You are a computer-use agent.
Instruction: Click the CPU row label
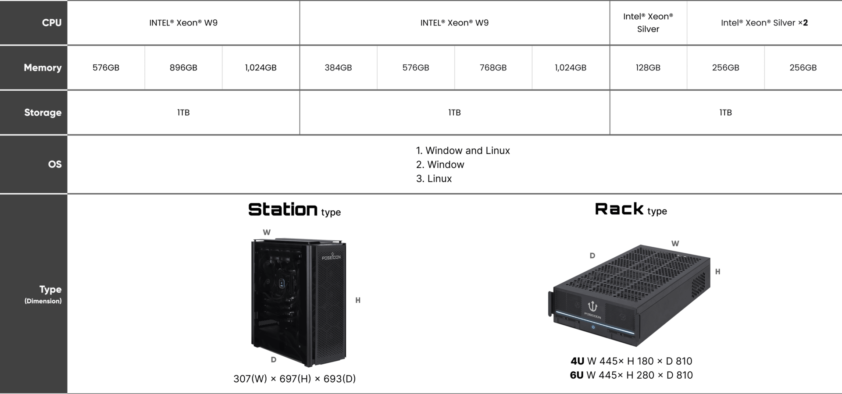(x=51, y=23)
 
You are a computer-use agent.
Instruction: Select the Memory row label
(x=43, y=67)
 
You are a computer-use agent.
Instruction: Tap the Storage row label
(x=43, y=113)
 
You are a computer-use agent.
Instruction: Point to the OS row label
(x=54, y=164)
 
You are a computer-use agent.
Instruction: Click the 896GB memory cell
(x=183, y=67)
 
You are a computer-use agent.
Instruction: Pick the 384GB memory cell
(x=338, y=67)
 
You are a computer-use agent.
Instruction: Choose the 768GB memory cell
(x=493, y=67)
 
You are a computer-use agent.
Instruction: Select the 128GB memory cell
(x=648, y=67)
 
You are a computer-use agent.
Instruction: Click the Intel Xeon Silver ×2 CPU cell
(x=764, y=23)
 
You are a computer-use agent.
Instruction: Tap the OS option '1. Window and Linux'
(x=463, y=151)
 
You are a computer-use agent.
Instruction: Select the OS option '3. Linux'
(x=434, y=179)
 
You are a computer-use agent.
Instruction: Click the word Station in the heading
(x=283, y=209)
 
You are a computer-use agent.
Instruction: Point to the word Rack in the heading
(x=619, y=209)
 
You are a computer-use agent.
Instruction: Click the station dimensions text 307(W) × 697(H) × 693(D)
(x=294, y=379)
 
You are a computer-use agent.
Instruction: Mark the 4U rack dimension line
(x=631, y=361)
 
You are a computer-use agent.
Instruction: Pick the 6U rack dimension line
(x=631, y=375)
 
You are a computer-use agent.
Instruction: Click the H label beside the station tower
(x=358, y=300)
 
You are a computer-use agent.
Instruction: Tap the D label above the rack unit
(x=592, y=256)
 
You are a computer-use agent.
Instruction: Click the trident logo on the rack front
(x=592, y=306)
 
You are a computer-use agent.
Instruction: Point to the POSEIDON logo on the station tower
(x=331, y=256)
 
